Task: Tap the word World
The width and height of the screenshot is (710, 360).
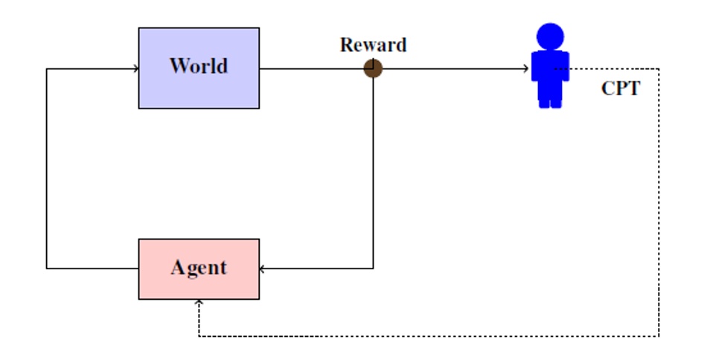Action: [x=199, y=65]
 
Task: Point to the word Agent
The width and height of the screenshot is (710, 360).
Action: [x=199, y=267]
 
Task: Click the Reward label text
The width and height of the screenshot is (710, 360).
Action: [x=373, y=45]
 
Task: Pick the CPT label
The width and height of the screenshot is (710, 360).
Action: [x=620, y=89]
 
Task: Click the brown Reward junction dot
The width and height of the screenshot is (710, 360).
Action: [x=373, y=69]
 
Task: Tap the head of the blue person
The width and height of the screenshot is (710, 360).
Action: [x=550, y=36]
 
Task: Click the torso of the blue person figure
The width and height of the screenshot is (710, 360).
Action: [x=550, y=71]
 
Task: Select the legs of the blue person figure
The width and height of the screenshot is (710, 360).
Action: [x=550, y=100]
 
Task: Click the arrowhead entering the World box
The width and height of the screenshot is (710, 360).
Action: [x=135, y=69]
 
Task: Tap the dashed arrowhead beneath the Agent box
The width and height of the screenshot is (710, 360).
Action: [x=199, y=303]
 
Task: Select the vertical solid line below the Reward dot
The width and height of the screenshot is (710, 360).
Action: [x=373, y=171]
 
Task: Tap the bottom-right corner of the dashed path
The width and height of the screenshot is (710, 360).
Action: [x=659, y=336]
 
